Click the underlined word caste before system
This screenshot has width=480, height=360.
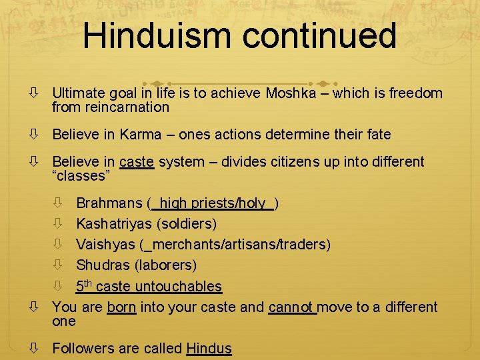[137, 162]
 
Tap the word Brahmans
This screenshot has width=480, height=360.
[109, 203]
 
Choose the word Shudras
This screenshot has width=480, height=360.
[103, 265]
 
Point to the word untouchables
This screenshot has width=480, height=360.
[178, 287]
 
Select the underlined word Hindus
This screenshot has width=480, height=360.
[209, 349]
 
